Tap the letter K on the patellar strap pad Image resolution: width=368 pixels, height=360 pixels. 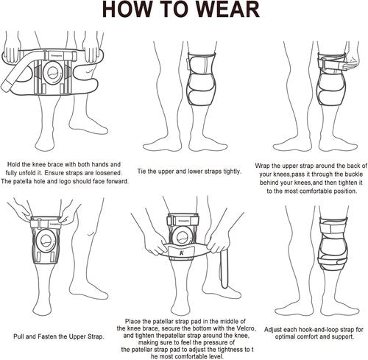coord(182,253)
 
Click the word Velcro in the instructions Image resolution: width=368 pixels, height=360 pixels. coord(246,328)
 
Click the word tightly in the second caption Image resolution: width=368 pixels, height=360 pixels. coord(232,172)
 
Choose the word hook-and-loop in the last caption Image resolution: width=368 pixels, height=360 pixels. coord(319,330)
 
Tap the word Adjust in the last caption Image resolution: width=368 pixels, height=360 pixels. coord(273,330)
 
